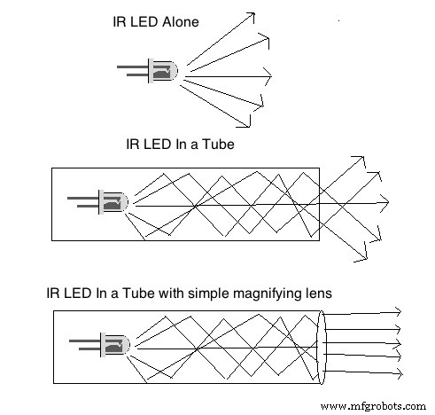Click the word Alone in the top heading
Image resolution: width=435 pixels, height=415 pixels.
[x=181, y=22]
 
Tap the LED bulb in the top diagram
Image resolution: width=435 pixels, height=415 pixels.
[x=163, y=72]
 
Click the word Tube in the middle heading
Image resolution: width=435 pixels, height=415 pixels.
[x=218, y=145]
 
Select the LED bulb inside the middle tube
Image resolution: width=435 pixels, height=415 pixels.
[x=113, y=202]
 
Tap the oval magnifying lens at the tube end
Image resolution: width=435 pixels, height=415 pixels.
[x=322, y=348]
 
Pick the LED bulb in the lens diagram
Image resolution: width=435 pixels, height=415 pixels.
[x=115, y=345]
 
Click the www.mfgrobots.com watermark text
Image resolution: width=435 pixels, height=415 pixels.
[x=373, y=406]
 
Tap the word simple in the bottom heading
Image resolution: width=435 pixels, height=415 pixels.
[x=209, y=294]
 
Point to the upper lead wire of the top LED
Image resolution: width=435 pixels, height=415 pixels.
[x=133, y=67]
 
